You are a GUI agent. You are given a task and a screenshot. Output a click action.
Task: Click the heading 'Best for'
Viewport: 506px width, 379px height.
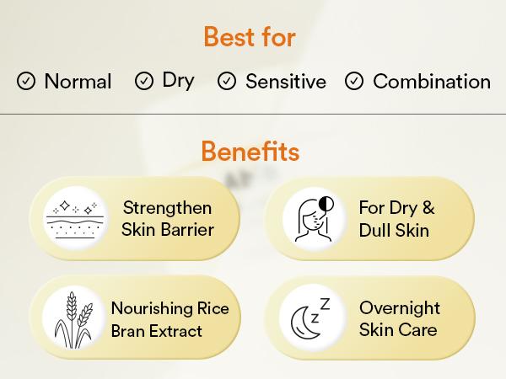(x=250, y=38)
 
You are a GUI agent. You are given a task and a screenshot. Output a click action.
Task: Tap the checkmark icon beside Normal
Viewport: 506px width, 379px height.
(x=26, y=82)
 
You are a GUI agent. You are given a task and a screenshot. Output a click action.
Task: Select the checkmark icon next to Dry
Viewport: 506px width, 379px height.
(x=144, y=81)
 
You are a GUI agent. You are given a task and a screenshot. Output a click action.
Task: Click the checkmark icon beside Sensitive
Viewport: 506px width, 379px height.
(x=227, y=82)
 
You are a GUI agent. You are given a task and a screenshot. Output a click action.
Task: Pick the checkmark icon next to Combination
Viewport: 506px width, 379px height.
(x=354, y=82)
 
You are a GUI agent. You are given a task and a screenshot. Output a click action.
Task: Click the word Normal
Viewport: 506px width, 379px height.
(x=78, y=82)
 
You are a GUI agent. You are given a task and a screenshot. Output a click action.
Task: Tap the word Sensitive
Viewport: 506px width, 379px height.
(x=285, y=82)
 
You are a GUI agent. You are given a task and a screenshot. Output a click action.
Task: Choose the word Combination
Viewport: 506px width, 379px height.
(x=431, y=82)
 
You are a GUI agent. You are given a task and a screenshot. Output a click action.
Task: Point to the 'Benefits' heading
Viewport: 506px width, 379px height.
(x=250, y=152)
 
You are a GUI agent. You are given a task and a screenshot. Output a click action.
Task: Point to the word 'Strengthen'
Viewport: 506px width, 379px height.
(x=167, y=207)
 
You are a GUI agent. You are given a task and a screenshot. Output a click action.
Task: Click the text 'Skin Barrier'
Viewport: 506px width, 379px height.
(x=167, y=229)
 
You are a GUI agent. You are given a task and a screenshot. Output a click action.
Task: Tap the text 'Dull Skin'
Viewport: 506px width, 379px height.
(x=395, y=229)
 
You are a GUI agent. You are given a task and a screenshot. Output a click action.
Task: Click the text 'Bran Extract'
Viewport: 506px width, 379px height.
(x=157, y=331)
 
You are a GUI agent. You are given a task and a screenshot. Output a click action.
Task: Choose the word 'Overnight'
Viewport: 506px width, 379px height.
(x=400, y=308)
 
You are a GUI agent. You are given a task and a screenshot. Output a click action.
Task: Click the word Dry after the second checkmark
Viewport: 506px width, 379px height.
(x=178, y=80)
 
